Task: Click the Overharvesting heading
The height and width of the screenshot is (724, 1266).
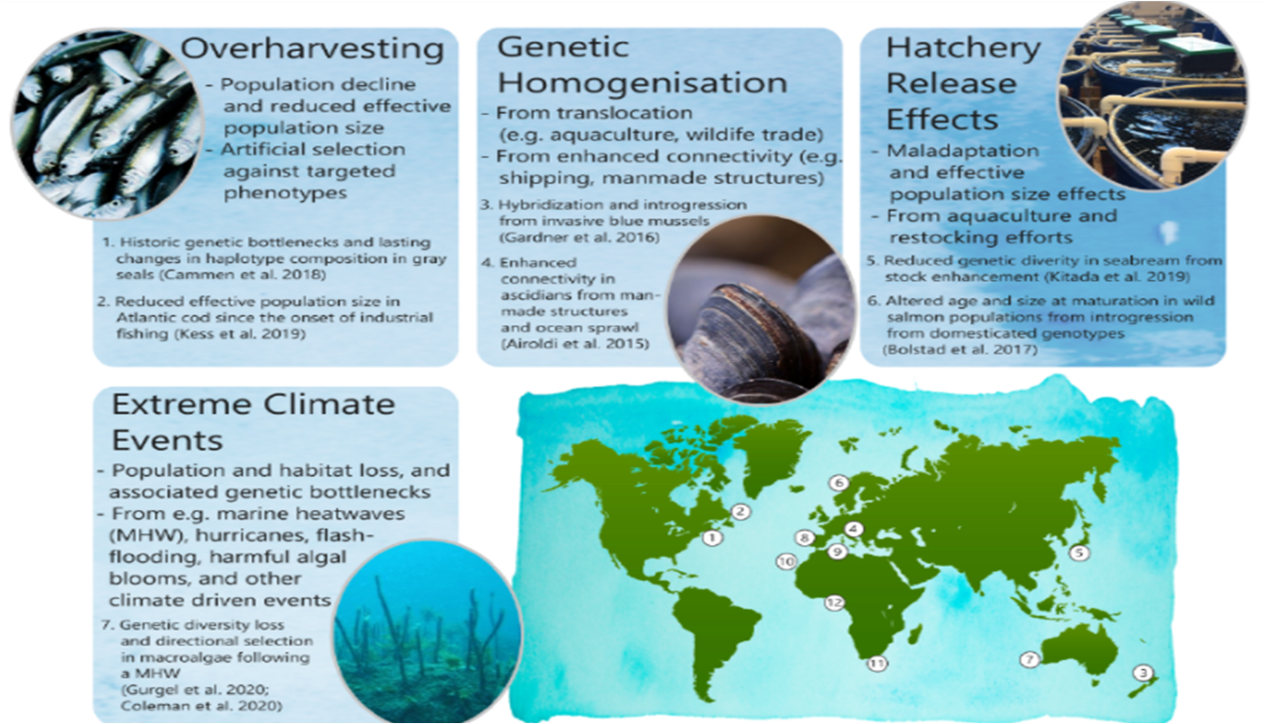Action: tap(312, 49)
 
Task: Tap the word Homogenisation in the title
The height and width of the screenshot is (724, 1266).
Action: tap(642, 83)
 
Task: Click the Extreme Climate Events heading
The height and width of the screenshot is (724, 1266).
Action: tap(253, 422)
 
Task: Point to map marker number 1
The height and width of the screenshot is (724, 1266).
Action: tap(712, 537)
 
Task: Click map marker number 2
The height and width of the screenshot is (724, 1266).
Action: tap(741, 512)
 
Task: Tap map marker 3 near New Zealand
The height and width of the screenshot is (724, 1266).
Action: tap(1142, 672)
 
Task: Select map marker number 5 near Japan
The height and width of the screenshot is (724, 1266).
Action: tap(1079, 552)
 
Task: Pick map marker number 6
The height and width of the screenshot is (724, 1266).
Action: tap(840, 483)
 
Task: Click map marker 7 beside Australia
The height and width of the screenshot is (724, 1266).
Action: tap(1030, 659)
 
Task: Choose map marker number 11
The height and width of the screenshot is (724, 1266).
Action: tap(877, 664)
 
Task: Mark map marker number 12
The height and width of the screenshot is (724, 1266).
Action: tap(834, 603)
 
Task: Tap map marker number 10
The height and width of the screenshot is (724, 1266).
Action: tap(786, 561)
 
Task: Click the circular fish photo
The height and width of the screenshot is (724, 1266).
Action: tap(108, 125)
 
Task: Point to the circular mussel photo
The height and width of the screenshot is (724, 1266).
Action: tap(761, 309)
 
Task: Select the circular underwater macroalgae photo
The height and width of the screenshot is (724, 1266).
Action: tap(426, 632)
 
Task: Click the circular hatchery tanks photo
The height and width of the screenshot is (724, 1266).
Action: tap(1153, 96)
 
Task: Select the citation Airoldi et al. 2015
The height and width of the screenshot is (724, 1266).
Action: tap(575, 343)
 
